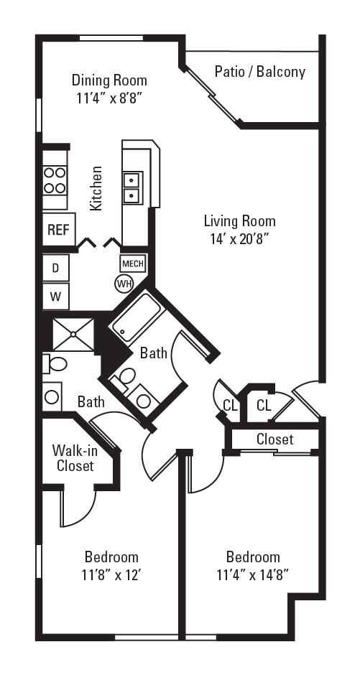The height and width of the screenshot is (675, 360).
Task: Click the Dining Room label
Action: [x=109, y=80]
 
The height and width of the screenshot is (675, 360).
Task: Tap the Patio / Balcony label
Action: [x=259, y=72]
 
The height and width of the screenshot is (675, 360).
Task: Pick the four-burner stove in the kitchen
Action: [x=55, y=180]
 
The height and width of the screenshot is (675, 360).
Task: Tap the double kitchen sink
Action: [x=132, y=187]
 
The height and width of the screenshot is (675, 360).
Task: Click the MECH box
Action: [x=132, y=264]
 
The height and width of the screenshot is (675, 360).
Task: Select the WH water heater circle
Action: [x=124, y=284]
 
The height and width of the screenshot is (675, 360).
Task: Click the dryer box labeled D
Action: [x=55, y=269]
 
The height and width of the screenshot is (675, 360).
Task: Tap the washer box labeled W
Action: [x=55, y=295]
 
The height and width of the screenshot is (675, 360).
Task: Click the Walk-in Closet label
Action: [x=73, y=458]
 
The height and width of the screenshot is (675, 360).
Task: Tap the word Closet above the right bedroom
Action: [x=274, y=439]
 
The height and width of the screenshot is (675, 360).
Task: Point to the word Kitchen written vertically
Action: [x=96, y=188]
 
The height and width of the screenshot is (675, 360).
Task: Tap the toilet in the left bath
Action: [x=56, y=364]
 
